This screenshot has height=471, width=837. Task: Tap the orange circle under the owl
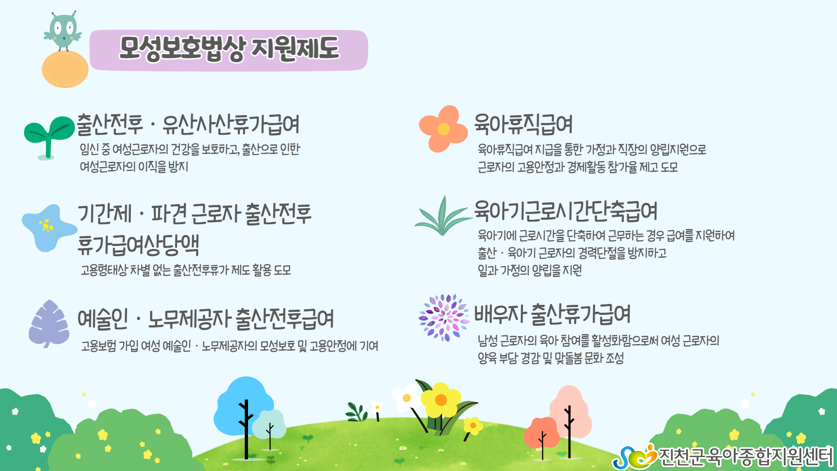65,69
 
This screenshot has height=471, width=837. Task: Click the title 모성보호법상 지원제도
229,48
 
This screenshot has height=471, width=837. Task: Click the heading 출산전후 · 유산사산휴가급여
188,124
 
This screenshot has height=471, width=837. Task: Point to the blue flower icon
49,228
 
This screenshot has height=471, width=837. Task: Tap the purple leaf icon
49,324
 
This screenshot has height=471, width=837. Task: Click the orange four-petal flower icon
442,129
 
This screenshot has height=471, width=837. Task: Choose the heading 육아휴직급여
523,124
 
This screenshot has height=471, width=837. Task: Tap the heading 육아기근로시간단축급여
566,211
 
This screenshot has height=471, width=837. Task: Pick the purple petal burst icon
444,317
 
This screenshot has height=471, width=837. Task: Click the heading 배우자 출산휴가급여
552,314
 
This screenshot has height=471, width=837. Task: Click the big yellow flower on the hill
441,400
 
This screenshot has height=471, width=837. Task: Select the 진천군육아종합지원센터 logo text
745,457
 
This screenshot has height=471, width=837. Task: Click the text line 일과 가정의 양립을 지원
530,270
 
